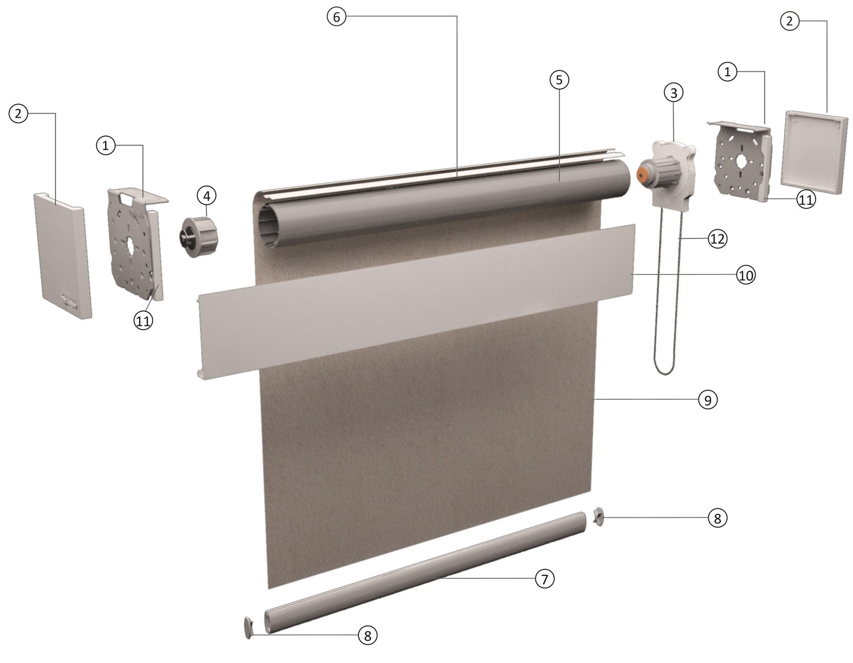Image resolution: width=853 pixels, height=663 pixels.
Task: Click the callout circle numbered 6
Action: pyautogui.click(x=336, y=17)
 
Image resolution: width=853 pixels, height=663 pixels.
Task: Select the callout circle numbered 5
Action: pyautogui.click(x=559, y=80)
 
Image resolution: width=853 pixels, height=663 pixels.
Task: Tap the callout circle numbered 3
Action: pyautogui.click(x=674, y=92)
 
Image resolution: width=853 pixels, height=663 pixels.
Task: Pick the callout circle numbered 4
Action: pyautogui.click(x=206, y=196)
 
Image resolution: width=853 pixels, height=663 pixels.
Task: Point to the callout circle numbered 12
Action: pyautogui.click(x=718, y=239)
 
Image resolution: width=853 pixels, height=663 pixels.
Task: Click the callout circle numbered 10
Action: pyautogui.click(x=746, y=275)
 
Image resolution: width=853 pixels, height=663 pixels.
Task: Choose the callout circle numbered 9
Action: pyautogui.click(x=708, y=400)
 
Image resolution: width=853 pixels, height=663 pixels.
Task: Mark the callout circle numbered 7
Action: pyautogui.click(x=544, y=579)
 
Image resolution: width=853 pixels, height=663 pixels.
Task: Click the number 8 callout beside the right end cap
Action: pyautogui.click(x=717, y=518)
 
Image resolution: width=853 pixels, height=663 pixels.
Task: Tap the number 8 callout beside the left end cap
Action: pyautogui.click(x=367, y=635)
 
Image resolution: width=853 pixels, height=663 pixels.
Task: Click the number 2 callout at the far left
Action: pyautogui.click(x=18, y=114)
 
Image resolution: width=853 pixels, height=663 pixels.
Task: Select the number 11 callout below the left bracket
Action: pyautogui.click(x=143, y=321)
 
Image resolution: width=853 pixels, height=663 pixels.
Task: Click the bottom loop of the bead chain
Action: pyautogui.click(x=665, y=372)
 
